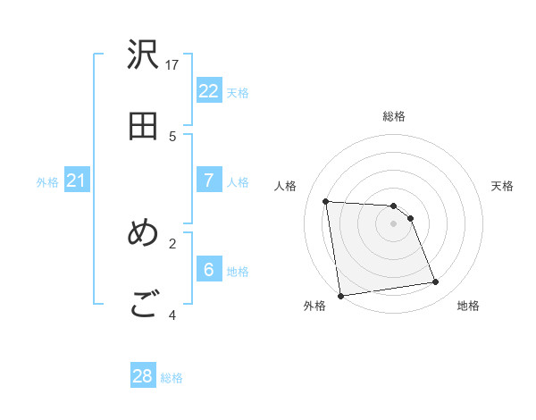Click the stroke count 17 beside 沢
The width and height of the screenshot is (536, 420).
[x=172, y=64]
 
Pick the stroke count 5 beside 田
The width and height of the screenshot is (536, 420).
[x=172, y=136]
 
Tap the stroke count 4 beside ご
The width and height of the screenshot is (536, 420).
[x=172, y=315]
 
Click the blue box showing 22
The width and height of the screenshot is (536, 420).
[x=208, y=91]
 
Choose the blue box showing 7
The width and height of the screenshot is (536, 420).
[x=208, y=181]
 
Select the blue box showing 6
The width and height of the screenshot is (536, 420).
[x=208, y=270]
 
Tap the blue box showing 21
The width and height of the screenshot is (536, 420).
[x=76, y=181]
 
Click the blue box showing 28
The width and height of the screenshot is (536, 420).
[x=143, y=376]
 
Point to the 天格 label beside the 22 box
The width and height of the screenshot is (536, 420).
[x=238, y=92]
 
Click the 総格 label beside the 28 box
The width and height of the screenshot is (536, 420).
[x=172, y=378]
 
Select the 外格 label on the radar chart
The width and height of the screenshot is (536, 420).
[x=314, y=306]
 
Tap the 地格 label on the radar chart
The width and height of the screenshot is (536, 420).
[x=468, y=306]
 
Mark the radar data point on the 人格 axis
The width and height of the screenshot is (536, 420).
[x=326, y=201]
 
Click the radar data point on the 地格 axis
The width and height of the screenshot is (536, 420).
[x=436, y=282]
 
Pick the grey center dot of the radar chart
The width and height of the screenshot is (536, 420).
[x=393, y=223]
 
